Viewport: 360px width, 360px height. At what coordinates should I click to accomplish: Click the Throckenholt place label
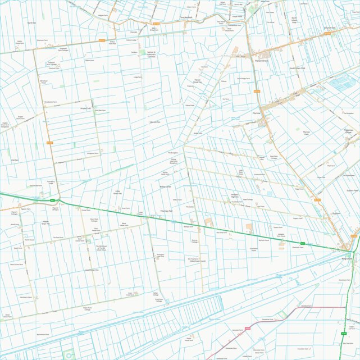click(x=186, y=17)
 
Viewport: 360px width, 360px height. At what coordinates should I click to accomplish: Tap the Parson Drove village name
click(x=262, y=60)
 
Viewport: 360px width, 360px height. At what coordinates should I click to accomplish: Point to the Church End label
click(x=329, y=28)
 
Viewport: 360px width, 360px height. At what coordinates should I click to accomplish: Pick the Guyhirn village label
click(x=337, y=213)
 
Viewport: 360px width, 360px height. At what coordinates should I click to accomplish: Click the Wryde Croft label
click(x=85, y=108)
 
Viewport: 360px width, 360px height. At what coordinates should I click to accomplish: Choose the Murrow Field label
click(x=307, y=133)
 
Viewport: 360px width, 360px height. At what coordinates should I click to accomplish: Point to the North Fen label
click(x=31, y=23)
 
